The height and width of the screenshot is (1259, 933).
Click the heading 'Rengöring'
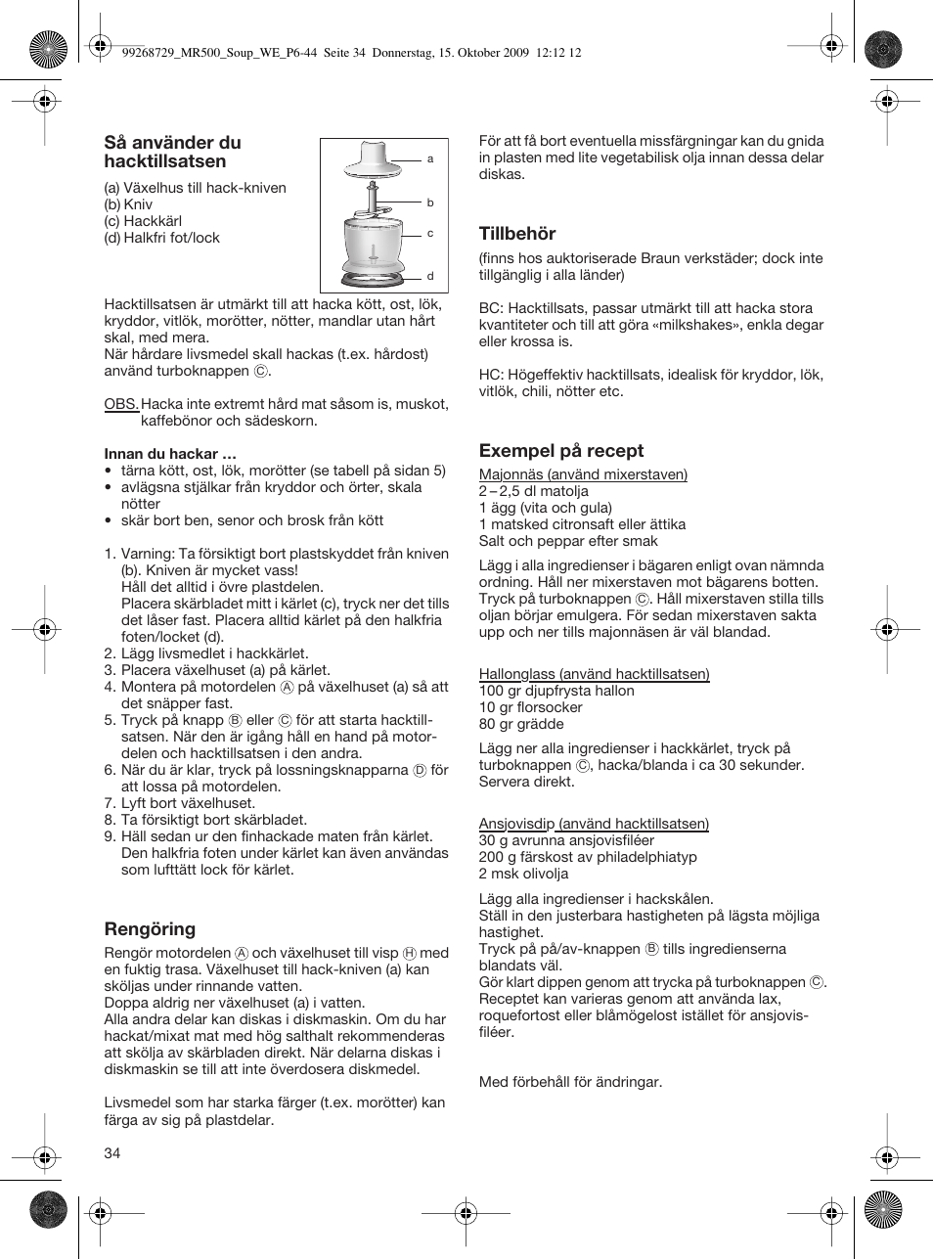pos(150,929)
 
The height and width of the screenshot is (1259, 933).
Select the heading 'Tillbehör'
pos(516,234)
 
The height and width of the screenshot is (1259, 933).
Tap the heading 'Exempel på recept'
pos(560,451)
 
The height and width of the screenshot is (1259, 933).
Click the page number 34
pos(112,1153)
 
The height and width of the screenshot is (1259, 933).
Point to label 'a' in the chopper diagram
pos(430,158)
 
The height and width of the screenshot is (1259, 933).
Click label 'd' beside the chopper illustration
pos(430,277)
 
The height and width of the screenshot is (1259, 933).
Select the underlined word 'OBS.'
pos(121,404)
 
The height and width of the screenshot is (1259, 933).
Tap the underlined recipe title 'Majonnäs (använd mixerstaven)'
pos(583,474)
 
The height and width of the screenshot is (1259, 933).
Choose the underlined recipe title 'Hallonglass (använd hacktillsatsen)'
pos(594,674)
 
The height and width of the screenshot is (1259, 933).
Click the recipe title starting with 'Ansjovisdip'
pos(594,824)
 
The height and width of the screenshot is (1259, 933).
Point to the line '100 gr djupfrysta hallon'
pos(555,691)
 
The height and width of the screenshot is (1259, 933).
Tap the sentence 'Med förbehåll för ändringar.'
pos(570,1082)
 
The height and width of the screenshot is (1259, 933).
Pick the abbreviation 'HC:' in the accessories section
pos(491,375)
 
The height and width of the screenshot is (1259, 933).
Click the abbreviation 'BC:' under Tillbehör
pos(491,308)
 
